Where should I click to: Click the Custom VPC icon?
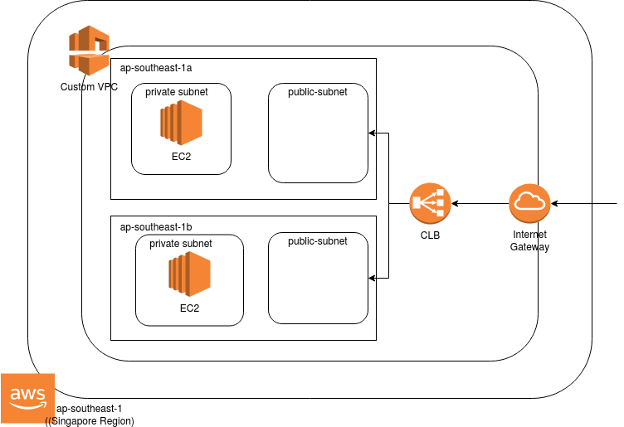pos(89,51)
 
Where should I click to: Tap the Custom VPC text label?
pos(89,87)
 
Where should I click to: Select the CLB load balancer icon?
pos(429,203)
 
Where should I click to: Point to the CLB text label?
pos(429,235)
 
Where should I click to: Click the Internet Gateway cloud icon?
pos(529,203)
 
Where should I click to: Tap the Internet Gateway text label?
pos(529,241)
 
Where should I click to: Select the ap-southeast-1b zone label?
pos(157,226)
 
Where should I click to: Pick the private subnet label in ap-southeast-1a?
pos(177,92)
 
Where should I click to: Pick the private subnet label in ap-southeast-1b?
pos(181,244)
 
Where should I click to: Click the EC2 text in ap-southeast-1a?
pos(182,156)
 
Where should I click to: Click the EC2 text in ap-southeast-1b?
pos(189,308)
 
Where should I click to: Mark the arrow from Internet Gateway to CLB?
pos(479,203)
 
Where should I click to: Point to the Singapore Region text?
pos(90,421)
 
